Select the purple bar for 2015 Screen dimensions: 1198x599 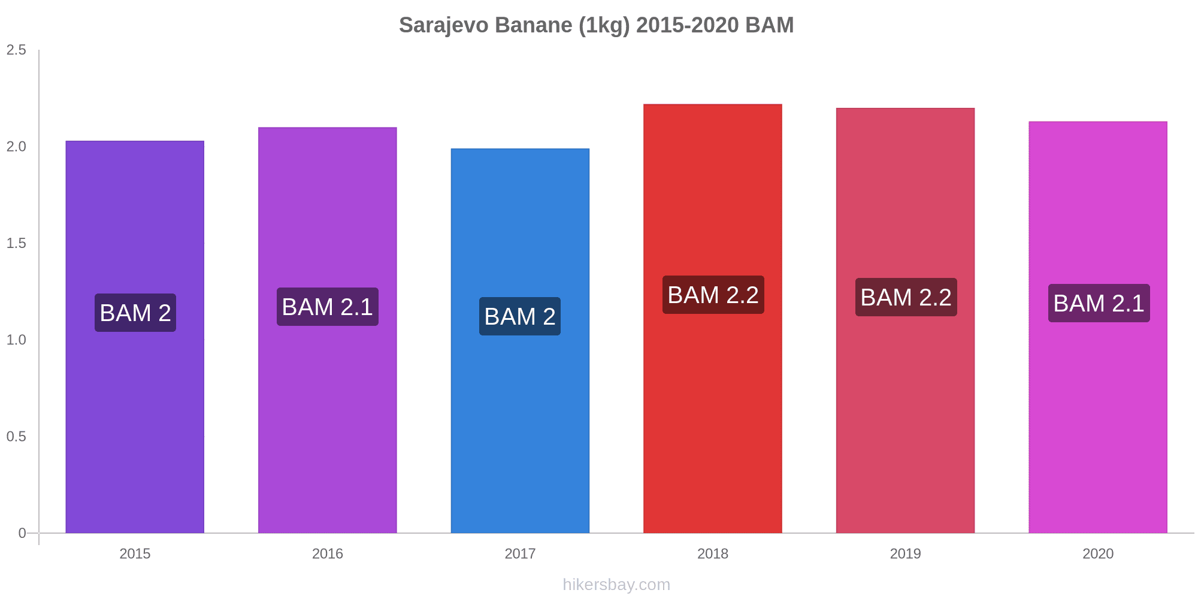135,337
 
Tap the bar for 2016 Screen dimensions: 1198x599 328,330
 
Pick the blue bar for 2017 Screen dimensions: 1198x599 520,341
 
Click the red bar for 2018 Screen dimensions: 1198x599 713,319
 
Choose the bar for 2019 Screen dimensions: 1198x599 905,320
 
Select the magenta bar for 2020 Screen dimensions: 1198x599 1098,327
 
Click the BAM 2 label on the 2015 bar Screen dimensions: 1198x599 135,313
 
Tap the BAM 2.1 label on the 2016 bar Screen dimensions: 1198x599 328,307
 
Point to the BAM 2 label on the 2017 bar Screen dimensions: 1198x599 520,316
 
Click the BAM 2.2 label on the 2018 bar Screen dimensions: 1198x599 713,295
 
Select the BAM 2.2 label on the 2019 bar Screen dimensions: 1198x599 906,297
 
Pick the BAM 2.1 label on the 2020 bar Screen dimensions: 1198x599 1099,303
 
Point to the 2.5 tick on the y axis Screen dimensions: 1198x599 16,50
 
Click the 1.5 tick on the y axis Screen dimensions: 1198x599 16,243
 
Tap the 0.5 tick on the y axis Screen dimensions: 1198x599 16,437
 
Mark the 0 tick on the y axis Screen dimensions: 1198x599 22,533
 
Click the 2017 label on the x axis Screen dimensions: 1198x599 520,553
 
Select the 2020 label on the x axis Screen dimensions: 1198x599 1098,553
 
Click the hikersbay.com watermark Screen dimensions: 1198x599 616,585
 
